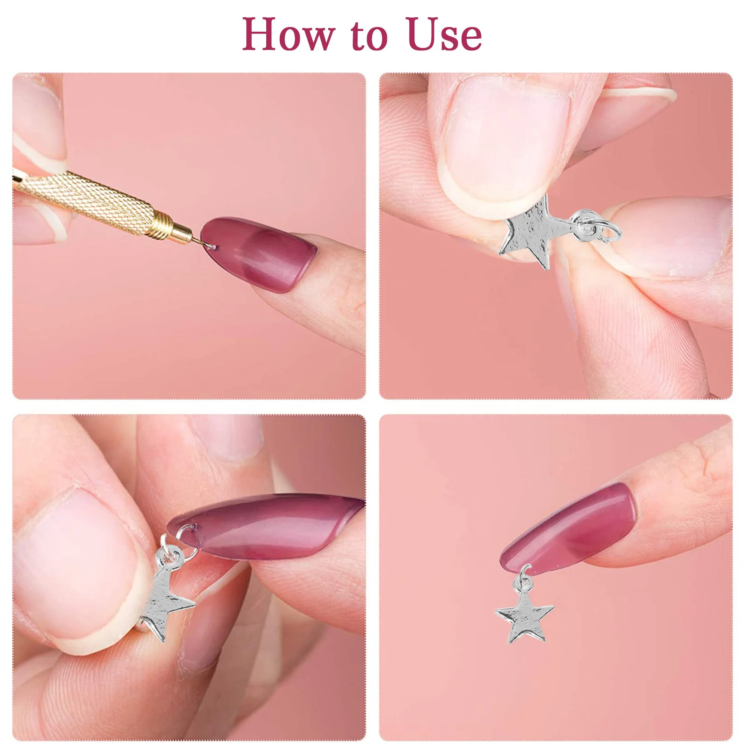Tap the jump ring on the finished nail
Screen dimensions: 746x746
pos(524,576)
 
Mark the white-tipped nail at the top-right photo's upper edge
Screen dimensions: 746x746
pos(639,91)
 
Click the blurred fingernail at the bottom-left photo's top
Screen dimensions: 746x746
pos(228,436)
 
